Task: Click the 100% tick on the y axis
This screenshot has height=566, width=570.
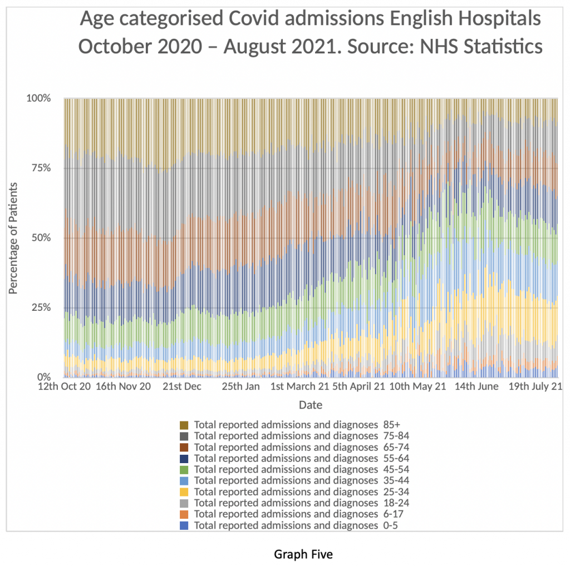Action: pyautogui.click(x=38, y=98)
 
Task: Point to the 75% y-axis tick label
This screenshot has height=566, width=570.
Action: pyautogui.click(x=41, y=168)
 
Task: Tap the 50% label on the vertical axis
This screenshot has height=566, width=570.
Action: pyautogui.click(x=41, y=238)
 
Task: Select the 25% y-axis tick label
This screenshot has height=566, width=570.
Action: pyautogui.click(x=41, y=307)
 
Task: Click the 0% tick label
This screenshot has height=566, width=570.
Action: pyautogui.click(x=43, y=377)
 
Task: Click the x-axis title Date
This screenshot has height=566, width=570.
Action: pyautogui.click(x=310, y=405)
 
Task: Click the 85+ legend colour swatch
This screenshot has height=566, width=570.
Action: pyautogui.click(x=184, y=425)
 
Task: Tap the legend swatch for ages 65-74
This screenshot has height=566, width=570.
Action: pyautogui.click(x=184, y=447)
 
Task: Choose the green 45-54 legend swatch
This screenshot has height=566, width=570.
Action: pyautogui.click(x=184, y=469)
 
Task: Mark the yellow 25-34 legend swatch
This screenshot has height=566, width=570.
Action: pyautogui.click(x=184, y=491)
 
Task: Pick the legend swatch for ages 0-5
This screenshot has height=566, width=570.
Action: pyautogui.click(x=184, y=525)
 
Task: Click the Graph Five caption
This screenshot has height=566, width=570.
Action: pyautogui.click(x=303, y=554)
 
